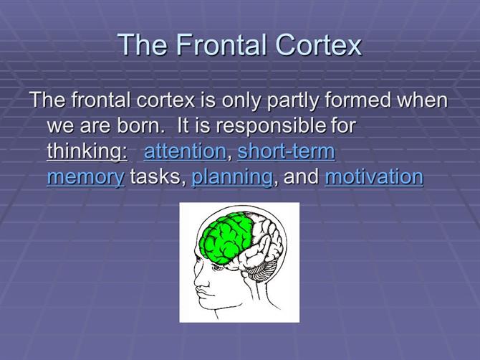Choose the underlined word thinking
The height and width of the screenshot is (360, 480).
click(x=87, y=151)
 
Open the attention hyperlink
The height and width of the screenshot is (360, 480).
click(x=185, y=151)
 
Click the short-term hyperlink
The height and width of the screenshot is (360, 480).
click(x=287, y=151)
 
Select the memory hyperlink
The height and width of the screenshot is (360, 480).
click(x=86, y=178)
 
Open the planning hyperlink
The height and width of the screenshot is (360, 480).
click(x=231, y=178)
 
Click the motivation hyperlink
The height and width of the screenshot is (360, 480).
click(x=374, y=177)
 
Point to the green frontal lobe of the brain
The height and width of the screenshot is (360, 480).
click(x=225, y=237)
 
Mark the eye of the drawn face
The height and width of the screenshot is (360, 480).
click(x=218, y=267)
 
